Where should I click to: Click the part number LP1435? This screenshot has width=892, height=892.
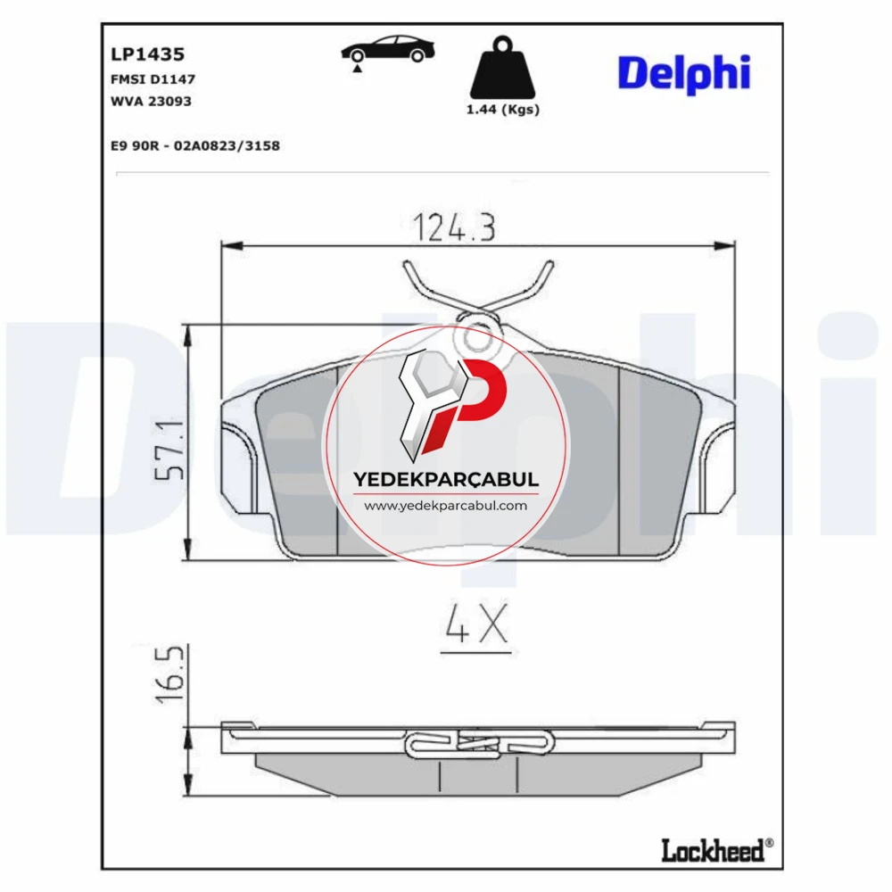147,54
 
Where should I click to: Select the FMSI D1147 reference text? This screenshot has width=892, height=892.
153,79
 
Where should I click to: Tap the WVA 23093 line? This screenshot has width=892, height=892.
151,102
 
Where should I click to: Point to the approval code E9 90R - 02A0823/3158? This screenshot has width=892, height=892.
195,145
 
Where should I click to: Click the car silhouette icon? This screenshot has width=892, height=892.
388,49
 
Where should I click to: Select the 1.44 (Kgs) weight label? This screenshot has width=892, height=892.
503,109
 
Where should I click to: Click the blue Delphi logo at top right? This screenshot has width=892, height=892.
684,74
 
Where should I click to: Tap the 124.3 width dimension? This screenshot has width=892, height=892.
454,227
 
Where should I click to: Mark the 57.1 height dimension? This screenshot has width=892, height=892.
170,450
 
